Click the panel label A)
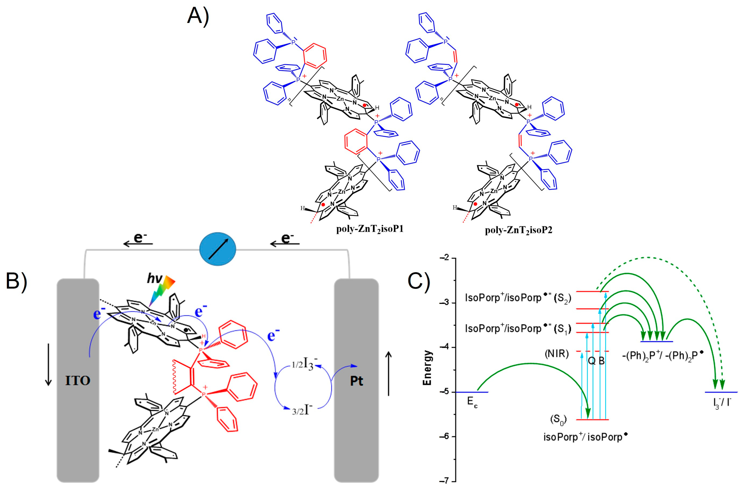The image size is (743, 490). (198, 16)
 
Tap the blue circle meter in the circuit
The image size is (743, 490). (218, 249)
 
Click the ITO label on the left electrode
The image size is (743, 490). (78, 381)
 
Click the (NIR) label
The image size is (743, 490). (556, 354)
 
